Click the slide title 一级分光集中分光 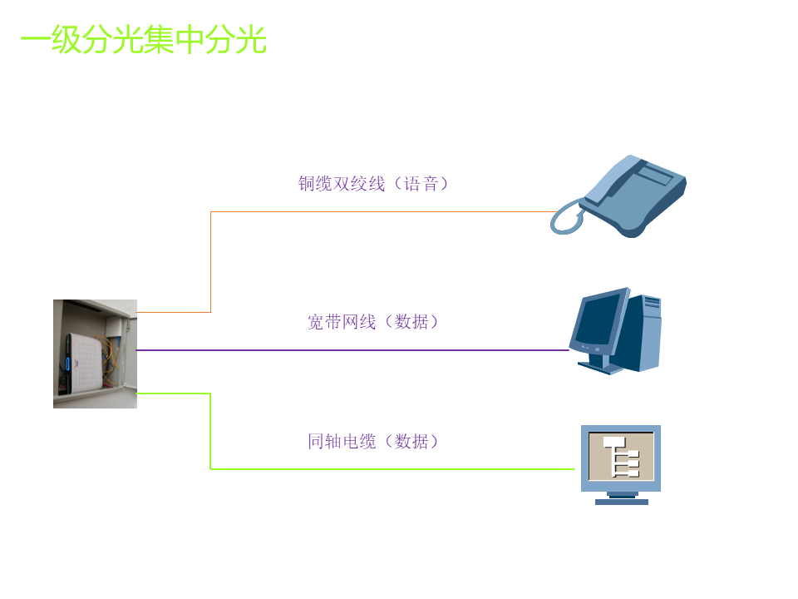click(143, 40)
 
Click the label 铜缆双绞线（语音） click(373, 184)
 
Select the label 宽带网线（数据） click(372, 322)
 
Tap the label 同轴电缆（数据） click(372, 442)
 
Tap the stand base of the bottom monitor click(621, 501)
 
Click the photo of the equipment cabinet click(95, 354)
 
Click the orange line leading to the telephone click(374, 211)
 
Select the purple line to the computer click(349, 350)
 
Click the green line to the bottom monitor click(374, 469)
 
